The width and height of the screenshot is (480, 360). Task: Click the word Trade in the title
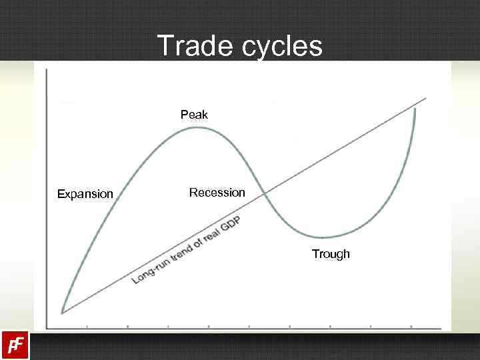[187, 46]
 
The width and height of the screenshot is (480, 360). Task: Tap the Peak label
[194, 115]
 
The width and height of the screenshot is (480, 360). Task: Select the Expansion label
[85, 194]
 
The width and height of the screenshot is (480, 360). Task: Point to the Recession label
[217, 193]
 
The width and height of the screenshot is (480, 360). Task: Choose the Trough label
[331, 254]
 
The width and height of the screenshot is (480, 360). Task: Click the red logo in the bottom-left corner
[15, 345]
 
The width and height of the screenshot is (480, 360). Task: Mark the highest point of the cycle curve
[194, 127]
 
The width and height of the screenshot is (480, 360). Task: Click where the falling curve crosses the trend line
[264, 193]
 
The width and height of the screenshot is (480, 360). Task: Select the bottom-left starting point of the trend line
[62, 312]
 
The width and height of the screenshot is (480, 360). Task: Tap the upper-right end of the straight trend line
[425, 99]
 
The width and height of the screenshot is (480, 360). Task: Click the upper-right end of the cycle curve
[415, 109]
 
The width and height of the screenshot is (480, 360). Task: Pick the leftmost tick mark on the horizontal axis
[87, 327]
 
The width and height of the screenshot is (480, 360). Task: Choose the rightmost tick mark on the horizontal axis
[411, 327]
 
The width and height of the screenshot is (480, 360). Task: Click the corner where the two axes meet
[46, 327]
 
